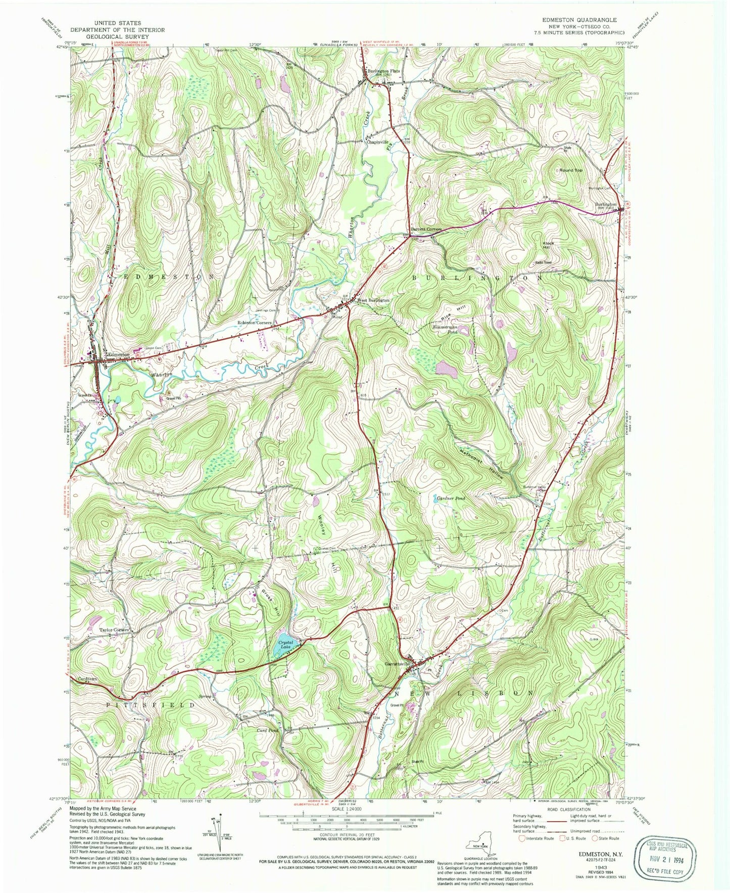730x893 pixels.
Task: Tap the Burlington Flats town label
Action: pos(383,71)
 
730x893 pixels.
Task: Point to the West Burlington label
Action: pos(373,300)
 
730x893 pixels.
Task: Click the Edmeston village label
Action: pos(117,355)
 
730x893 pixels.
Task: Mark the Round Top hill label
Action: pos(570,170)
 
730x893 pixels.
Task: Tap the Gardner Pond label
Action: pos(450,499)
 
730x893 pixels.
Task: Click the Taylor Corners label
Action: pos(114,630)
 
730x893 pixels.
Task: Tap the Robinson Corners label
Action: pos(255,322)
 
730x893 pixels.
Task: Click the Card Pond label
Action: pos(267,730)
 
